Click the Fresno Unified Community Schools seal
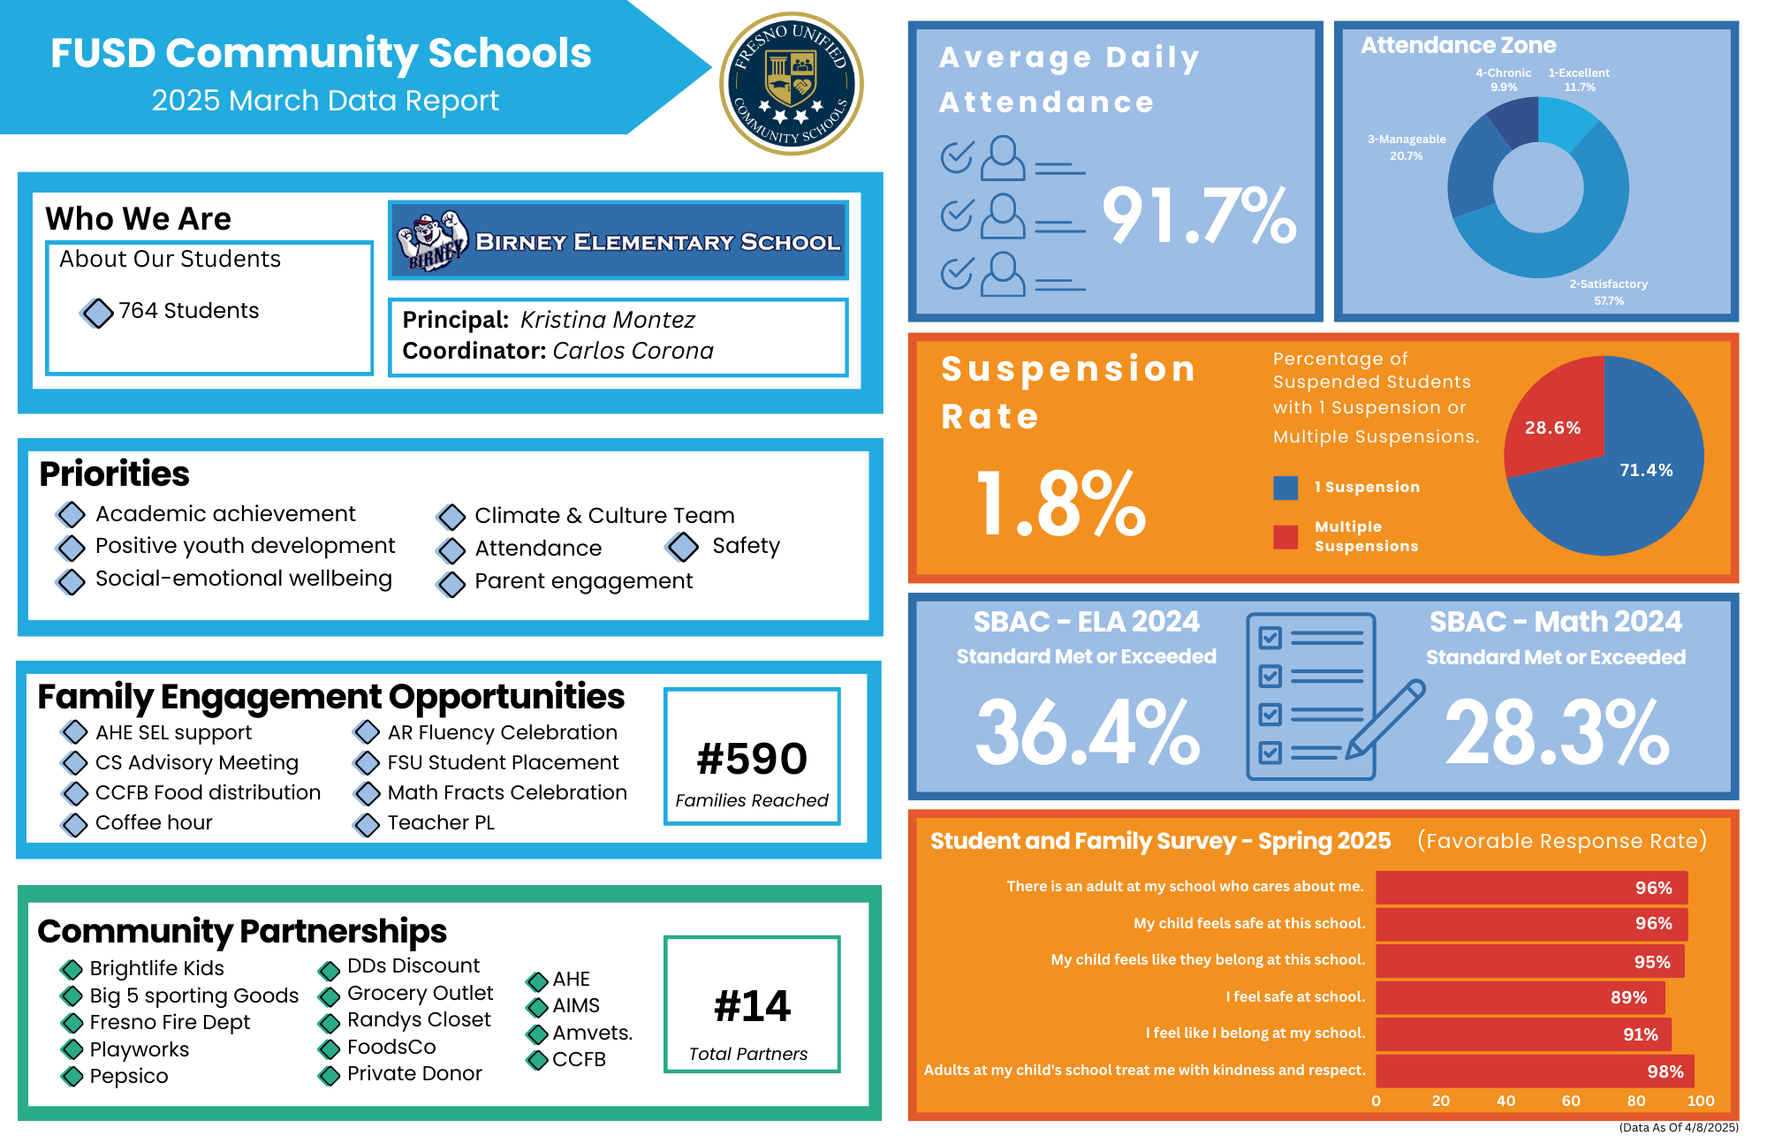click(792, 84)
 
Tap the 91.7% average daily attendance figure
click(1199, 216)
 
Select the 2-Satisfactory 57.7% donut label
click(1608, 292)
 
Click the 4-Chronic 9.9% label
click(1503, 79)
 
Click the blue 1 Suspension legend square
click(1285, 488)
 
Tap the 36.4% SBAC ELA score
click(1087, 731)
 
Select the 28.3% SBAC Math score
click(1557, 731)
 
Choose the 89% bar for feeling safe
click(1520, 997)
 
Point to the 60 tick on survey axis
click(1571, 1101)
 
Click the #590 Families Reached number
click(752, 759)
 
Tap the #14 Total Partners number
click(752, 1006)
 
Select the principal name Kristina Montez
click(607, 320)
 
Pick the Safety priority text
click(746, 546)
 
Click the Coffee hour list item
click(154, 822)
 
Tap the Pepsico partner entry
click(129, 1076)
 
